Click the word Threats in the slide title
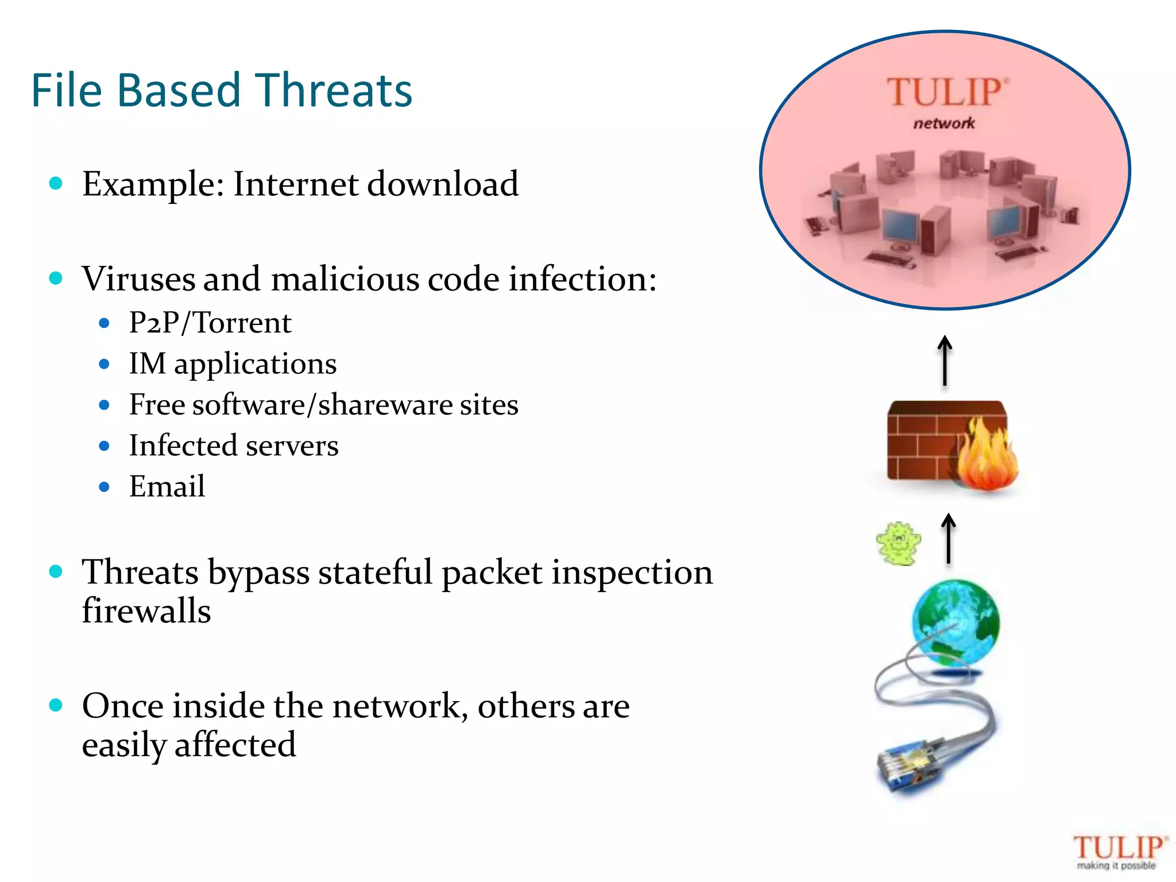pyautogui.click(x=333, y=91)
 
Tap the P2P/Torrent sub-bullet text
pyautogui.click(x=210, y=323)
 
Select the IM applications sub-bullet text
pyautogui.click(x=233, y=364)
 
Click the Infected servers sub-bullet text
pyautogui.click(x=234, y=446)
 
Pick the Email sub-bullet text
pyautogui.click(x=167, y=487)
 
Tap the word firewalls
pyautogui.click(x=146, y=610)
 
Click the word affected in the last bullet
pyautogui.click(x=235, y=745)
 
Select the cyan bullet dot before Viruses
pyautogui.click(x=56, y=278)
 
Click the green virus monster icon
pyautogui.click(x=899, y=543)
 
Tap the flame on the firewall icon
pyautogui.click(x=986, y=457)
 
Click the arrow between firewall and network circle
pyautogui.click(x=945, y=361)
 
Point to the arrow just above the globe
pyautogui.click(x=949, y=539)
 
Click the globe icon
pyautogui.click(x=955, y=623)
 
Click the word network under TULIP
pyautogui.click(x=944, y=123)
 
